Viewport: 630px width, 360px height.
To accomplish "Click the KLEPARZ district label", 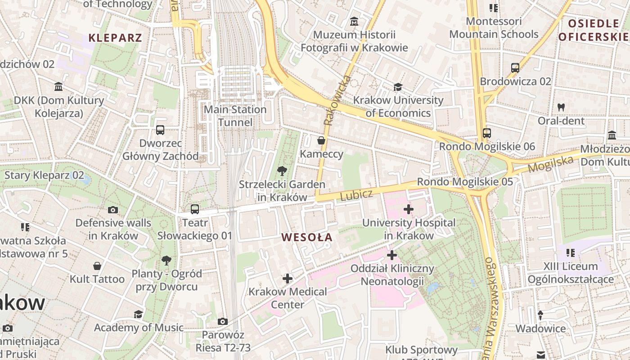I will pos(115,37).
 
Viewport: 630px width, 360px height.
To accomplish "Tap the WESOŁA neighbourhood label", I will pos(306,237).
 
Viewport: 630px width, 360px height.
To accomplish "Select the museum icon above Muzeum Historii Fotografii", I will pos(354,21).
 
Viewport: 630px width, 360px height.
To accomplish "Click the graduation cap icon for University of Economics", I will pos(398,87).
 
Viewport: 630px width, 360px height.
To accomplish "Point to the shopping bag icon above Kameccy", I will pos(321,141).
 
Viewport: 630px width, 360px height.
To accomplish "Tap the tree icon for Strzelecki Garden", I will pos(282,171).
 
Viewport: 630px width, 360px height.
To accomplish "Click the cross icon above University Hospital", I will pos(409,209).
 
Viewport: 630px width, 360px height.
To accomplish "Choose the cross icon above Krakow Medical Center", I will pos(288,279).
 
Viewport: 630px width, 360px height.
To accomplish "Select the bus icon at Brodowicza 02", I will pos(515,68).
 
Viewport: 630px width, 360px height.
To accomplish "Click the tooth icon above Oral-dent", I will pos(561,107).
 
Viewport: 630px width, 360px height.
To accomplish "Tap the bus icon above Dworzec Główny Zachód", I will pos(160,130).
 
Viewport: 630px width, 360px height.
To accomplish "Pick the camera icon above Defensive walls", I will pos(113,210).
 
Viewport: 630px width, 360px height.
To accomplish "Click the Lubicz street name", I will pos(356,195).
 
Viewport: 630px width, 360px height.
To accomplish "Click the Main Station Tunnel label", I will pos(235,116).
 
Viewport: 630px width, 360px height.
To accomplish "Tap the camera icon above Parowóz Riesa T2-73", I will pos(222,321).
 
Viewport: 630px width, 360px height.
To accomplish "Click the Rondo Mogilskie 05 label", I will pos(465,182).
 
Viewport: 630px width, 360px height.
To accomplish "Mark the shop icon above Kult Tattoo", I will pos(97,266).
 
